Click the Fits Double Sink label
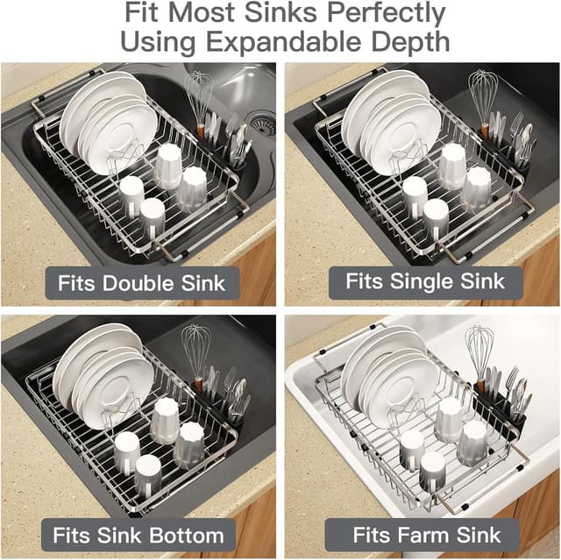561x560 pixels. click(x=141, y=283)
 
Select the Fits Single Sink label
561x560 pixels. click(x=425, y=281)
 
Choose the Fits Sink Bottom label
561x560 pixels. click(x=138, y=535)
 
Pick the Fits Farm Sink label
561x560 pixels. click(x=427, y=534)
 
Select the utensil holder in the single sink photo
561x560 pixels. click(x=508, y=147)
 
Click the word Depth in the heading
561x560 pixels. click(x=410, y=42)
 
